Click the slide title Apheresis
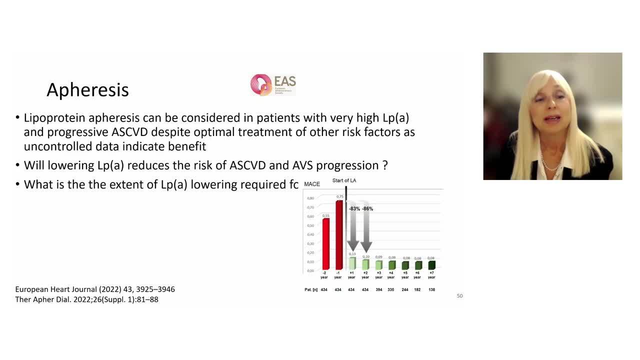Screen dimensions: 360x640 [x=87, y=90]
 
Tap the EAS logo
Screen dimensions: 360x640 [x=273, y=85]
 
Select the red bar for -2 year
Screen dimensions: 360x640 [x=325, y=244]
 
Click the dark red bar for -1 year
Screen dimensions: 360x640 [x=339, y=235]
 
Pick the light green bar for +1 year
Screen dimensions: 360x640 [x=352, y=263]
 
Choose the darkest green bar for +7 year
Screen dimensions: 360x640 [x=431, y=265]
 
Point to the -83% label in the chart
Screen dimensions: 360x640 [x=354, y=208]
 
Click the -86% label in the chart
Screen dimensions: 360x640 [x=367, y=208]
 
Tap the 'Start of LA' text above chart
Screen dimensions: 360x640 [x=345, y=180]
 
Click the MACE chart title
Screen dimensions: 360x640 [x=312, y=184]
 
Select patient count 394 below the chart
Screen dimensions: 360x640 [x=378, y=290]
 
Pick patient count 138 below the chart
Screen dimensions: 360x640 [x=431, y=290]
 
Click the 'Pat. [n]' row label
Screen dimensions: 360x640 [x=311, y=290]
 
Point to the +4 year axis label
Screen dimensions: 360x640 [x=391, y=275]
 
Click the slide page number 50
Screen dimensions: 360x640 [x=459, y=296]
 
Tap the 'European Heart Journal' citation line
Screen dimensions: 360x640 [x=95, y=289]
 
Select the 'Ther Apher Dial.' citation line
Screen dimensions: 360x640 [x=86, y=299]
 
